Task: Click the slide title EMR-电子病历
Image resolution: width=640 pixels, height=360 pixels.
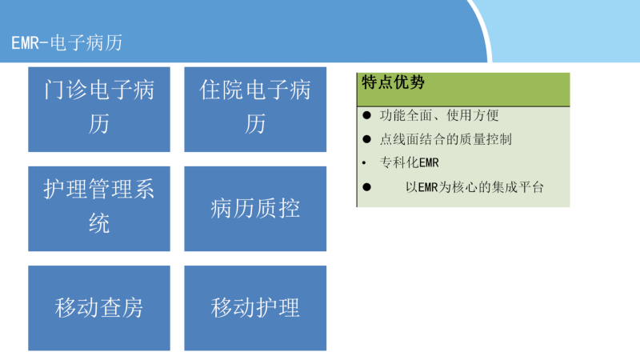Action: (x=67, y=43)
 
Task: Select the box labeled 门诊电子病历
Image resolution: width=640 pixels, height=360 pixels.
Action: (x=99, y=110)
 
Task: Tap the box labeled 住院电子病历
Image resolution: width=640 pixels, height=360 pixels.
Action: (x=255, y=110)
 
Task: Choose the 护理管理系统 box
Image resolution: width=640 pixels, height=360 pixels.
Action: (x=99, y=209)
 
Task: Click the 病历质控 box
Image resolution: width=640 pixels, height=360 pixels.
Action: (x=255, y=209)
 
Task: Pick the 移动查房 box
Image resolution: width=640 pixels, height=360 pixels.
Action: (x=99, y=308)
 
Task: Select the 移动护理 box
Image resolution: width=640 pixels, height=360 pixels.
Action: (x=255, y=308)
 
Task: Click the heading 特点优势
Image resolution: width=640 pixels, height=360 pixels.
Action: (x=393, y=82)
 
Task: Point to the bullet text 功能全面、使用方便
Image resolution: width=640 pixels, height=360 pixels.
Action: (x=439, y=115)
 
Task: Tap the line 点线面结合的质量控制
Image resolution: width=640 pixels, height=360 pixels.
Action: (x=446, y=139)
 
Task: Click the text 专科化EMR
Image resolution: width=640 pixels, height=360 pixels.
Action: (x=410, y=163)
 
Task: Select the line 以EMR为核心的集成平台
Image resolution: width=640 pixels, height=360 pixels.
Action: (x=474, y=187)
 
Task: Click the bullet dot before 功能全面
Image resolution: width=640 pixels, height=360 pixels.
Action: (x=366, y=115)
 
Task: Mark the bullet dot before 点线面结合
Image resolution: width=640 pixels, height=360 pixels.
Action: (x=366, y=139)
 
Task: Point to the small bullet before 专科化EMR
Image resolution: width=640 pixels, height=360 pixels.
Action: (x=364, y=163)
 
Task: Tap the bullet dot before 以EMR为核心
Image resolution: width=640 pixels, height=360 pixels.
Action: (x=366, y=187)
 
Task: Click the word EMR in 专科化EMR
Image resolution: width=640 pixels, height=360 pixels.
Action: (x=429, y=163)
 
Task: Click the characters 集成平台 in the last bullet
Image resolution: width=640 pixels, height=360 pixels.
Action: (x=518, y=187)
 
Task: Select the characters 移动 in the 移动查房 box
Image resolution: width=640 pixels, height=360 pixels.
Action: (x=77, y=308)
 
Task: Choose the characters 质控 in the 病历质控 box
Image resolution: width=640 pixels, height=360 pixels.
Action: (x=278, y=209)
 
